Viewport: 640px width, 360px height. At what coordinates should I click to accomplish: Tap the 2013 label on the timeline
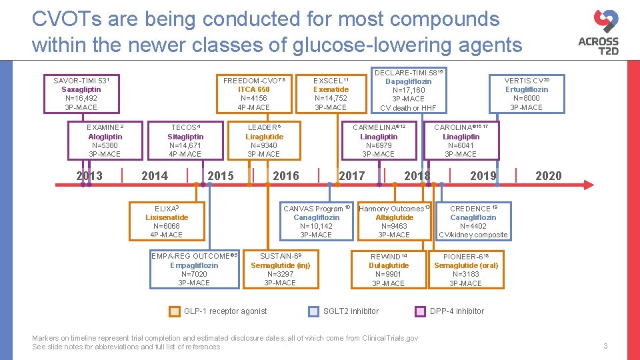pyautogui.click(x=89, y=176)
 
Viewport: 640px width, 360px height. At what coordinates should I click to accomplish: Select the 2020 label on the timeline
pyautogui.click(x=548, y=176)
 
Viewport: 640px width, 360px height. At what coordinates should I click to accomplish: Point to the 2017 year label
pyautogui.click(x=351, y=176)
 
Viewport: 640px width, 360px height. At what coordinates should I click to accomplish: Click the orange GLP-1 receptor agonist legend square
pyautogui.click(x=174, y=311)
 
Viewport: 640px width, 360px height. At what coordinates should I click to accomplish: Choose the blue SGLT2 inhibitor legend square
pyautogui.click(x=313, y=311)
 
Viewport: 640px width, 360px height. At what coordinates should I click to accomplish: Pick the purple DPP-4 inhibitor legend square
pyautogui.click(x=420, y=311)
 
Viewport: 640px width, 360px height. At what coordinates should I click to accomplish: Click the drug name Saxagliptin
pyautogui.click(x=81, y=89)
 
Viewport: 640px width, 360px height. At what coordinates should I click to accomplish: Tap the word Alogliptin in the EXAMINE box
pyautogui.click(x=105, y=137)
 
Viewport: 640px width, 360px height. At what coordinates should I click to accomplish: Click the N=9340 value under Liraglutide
pyautogui.click(x=264, y=145)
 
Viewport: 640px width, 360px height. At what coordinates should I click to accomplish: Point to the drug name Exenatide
pyautogui.click(x=331, y=89)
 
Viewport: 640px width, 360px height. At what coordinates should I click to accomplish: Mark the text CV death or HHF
pyautogui.click(x=408, y=108)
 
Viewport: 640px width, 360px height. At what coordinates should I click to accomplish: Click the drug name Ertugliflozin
pyautogui.click(x=527, y=89)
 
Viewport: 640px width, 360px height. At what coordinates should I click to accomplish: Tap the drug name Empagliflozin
pyautogui.click(x=194, y=265)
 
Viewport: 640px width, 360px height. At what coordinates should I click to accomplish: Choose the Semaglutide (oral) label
pyautogui.click(x=466, y=265)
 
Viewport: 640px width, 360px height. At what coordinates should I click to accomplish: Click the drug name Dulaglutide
pyautogui.click(x=389, y=265)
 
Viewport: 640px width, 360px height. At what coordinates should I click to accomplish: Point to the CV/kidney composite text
pyautogui.click(x=473, y=235)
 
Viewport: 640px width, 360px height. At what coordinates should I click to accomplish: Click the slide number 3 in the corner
pyautogui.click(x=605, y=346)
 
